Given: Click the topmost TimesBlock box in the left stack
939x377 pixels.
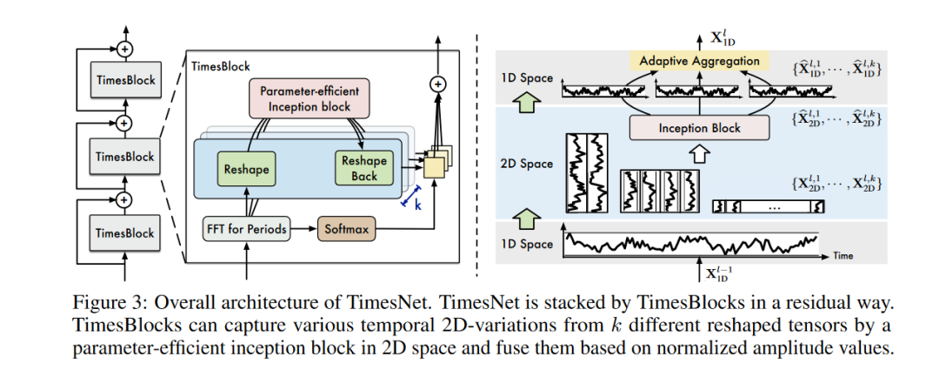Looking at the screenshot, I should (124, 80).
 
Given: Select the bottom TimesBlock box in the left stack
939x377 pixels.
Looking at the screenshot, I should (124, 233).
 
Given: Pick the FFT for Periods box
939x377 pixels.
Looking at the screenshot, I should (246, 229).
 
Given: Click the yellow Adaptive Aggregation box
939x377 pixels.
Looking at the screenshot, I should (699, 61).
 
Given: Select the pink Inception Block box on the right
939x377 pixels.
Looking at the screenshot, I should (700, 128).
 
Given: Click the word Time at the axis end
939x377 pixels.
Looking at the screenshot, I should (842, 256).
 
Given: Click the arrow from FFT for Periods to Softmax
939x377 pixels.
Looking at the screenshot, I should (302, 229).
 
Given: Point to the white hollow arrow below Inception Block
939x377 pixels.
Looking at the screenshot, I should (700, 154).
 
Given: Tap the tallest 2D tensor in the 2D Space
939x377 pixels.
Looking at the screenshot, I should (586, 172).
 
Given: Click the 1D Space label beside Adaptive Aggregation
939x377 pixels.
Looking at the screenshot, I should (524, 78).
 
